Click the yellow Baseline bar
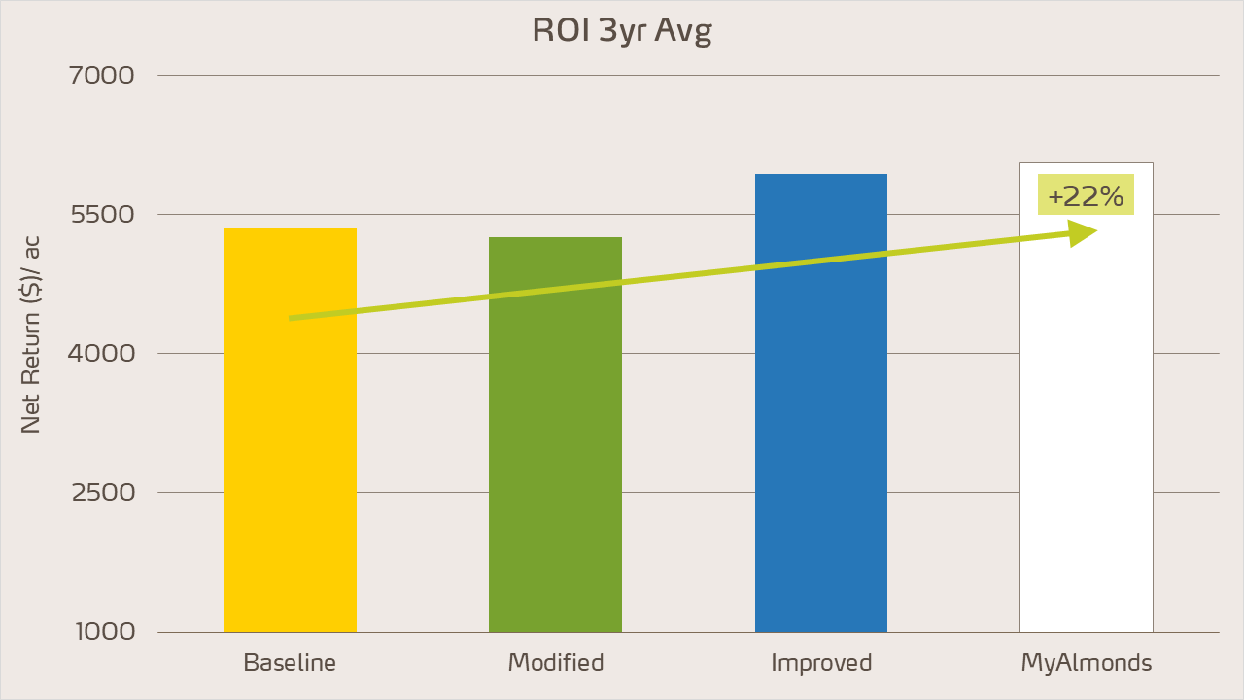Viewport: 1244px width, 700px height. coord(290,467)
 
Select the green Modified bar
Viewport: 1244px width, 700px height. coord(555,467)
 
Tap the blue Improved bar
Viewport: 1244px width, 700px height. coord(821,437)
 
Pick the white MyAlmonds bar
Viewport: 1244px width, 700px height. coord(1086,437)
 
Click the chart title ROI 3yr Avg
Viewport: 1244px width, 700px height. coord(622,31)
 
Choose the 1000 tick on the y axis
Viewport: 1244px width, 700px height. coord(106,632)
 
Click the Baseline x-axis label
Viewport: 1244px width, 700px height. coord(290,663)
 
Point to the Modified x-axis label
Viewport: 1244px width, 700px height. coord(556,663)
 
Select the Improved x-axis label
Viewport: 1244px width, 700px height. coord(821,663)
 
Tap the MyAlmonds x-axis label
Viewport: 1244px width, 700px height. coord(1087,663)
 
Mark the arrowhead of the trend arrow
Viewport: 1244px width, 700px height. coord(1084,232)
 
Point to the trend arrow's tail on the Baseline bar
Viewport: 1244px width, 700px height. coord(293,318)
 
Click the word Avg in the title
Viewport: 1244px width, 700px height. coord(684,32)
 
